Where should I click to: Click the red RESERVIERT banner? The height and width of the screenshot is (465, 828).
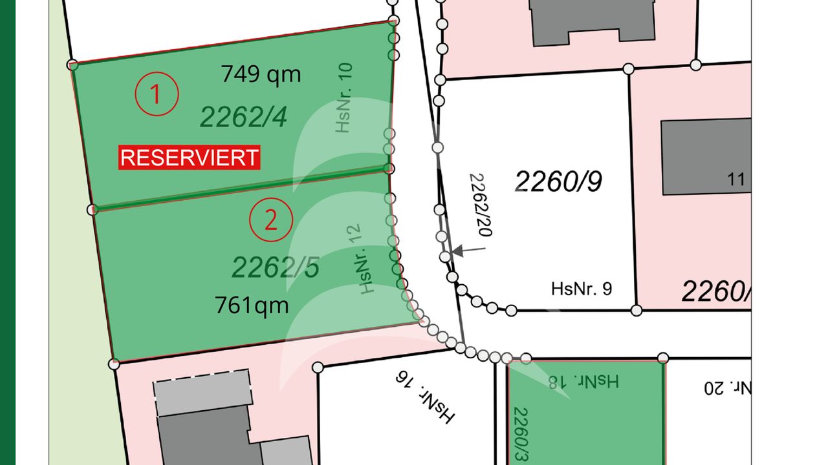(189, 158)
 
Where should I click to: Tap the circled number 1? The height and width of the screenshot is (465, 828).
(156, 95)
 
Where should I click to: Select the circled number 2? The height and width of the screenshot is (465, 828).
(271, 221)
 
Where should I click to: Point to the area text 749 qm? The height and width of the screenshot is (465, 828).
(261, 74)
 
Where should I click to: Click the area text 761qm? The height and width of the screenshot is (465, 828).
(252, 304)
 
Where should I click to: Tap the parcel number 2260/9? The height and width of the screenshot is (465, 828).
(559, 182)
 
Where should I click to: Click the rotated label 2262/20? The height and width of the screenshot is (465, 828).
(481, 204)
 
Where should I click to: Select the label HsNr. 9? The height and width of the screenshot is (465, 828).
(582, 288)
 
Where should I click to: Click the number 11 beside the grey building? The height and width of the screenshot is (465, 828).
(736, 180)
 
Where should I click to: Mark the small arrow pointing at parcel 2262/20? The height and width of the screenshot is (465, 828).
(469, 250)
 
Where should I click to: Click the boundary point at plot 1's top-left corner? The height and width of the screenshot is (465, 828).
(72, 65)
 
